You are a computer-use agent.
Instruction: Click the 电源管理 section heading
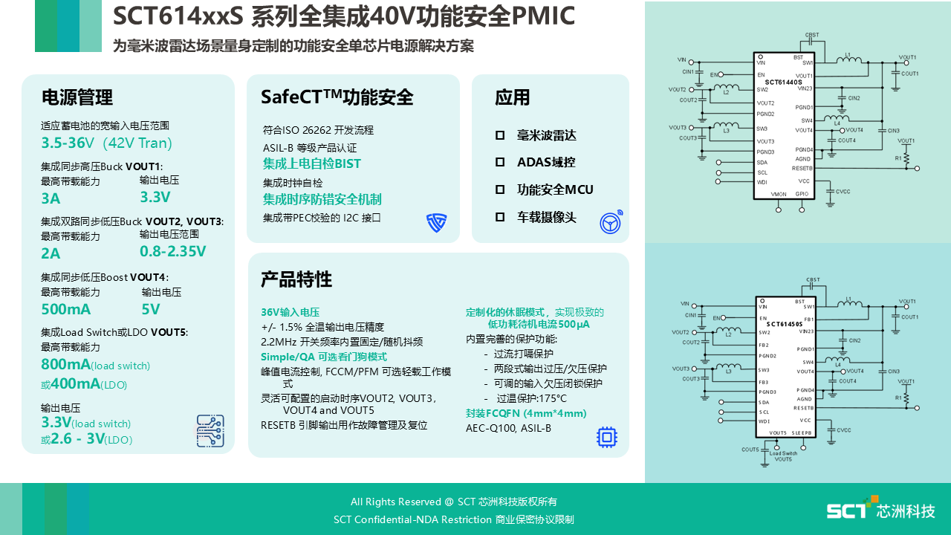77,97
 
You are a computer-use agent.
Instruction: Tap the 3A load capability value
51,198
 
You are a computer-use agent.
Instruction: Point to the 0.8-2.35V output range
172,251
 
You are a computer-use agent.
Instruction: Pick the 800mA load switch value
65,364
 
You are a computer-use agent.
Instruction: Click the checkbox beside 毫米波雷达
500,135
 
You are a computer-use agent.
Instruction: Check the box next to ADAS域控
500,162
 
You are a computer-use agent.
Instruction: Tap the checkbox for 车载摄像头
500,217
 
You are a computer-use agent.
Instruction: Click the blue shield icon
436,222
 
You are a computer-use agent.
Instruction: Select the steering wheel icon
611,222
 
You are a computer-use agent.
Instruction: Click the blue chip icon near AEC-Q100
607,437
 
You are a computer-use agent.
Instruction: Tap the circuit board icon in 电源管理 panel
210,431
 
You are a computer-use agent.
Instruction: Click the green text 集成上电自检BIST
312,163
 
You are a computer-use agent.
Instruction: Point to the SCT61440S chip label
783,82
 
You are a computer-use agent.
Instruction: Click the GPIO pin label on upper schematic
802,194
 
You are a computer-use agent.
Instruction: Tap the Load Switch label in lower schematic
783,453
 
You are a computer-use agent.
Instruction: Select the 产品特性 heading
296,279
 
